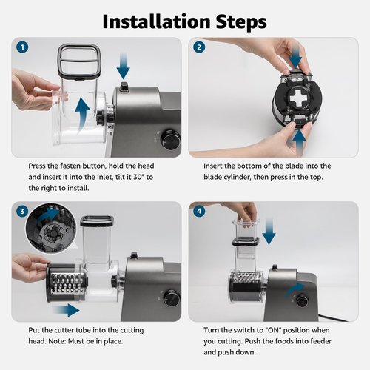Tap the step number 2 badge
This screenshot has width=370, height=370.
click(199, 48)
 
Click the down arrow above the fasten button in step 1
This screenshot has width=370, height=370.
click(123, 70)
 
